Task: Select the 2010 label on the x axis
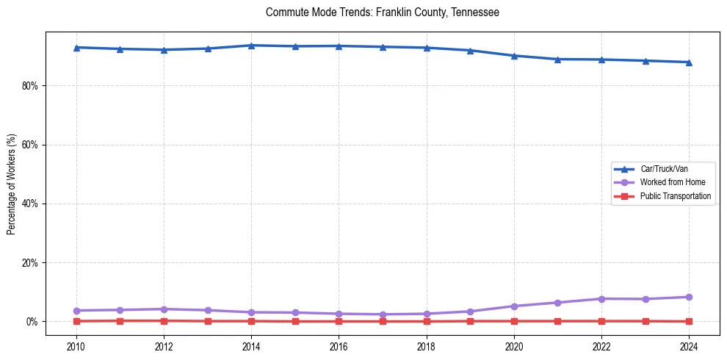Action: pos(76,345)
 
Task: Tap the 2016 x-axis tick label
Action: pos(339,345)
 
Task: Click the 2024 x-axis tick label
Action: pos(689,345)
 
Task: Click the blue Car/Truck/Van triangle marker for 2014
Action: pos(251,46)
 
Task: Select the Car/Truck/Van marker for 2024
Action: pos(689,62)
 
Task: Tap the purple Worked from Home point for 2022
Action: pos(601,298)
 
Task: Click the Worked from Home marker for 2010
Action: pos(76,311)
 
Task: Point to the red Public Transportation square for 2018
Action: pos(427,321)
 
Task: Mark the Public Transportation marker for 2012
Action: pos(164,320)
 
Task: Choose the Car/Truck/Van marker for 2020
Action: pos(514,56)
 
